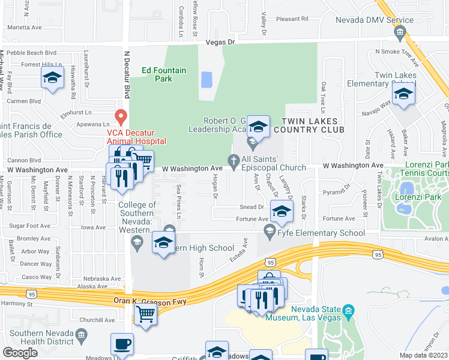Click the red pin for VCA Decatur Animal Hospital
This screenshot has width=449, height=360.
(x=121, y=116)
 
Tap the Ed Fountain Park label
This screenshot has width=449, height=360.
(x=164, y=74)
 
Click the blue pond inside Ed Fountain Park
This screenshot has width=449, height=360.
(x=206, y=79)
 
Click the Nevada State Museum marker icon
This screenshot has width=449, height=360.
(x=348, y=310)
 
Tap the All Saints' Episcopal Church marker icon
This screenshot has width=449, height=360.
(x=234, y=159)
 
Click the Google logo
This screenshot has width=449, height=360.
(x=20, y=353)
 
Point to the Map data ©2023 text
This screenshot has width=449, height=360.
(x=423, y=355)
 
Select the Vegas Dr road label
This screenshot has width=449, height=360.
(x=220, y=43)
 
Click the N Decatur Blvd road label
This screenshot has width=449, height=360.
(x=127, y=74)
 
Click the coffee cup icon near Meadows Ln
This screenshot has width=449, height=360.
(x=122, y=344)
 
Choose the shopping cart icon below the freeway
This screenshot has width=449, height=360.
(x=146, y=313)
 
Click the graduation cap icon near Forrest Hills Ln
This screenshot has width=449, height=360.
(x=53, y=77)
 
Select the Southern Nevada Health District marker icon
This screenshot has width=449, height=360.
(x=82, y=333)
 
